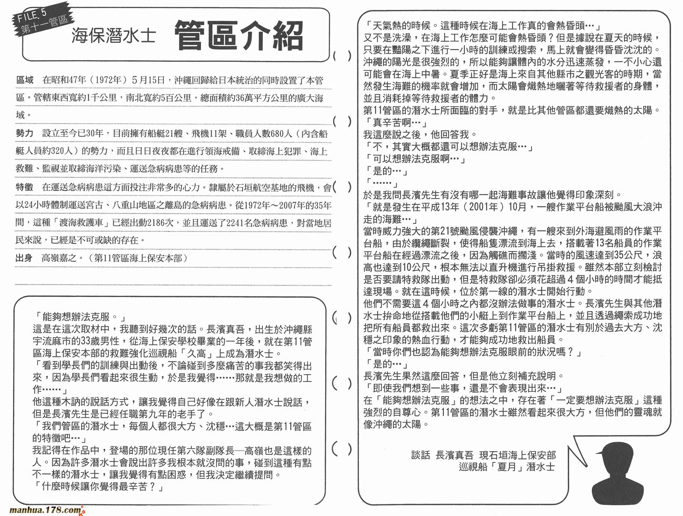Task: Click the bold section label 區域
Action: point(24,80)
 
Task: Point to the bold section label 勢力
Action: point(24,134)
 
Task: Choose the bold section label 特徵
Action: point(24,187)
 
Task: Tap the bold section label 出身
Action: point(24,258)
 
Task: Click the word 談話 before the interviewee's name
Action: point(420,455)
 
